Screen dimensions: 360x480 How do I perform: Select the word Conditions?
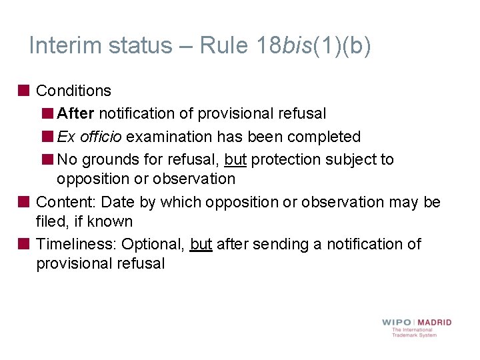[73, 91]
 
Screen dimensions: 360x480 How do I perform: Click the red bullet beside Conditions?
[23, 90]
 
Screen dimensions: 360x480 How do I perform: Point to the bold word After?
[75, 114]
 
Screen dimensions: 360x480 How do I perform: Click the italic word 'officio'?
[101, 137]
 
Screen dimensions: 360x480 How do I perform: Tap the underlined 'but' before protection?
[235, 159]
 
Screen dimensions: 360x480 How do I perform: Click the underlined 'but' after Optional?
[201, 244]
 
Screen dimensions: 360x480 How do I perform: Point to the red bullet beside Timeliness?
[23, 243]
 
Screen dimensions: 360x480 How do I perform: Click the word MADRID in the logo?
[435, 323]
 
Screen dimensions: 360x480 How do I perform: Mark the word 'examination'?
[169, 137]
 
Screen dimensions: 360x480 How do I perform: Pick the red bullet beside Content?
[23, 201]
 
